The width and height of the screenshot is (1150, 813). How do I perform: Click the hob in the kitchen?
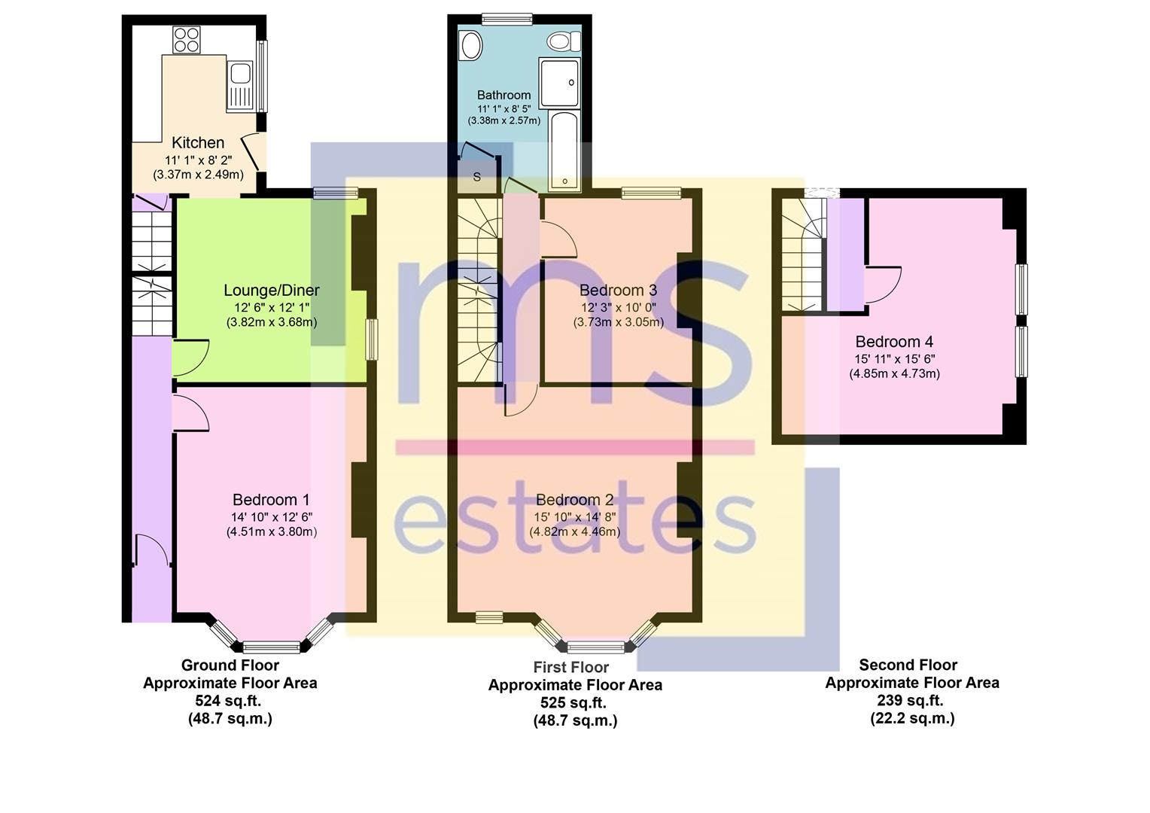pos(187,40)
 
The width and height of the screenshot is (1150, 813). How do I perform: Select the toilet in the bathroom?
pos(563,41)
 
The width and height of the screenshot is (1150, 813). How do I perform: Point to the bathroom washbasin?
pos(472,46)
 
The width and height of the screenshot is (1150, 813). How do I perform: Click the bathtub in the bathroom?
pos(564,151)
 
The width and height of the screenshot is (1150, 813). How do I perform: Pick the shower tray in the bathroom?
pos(559,82)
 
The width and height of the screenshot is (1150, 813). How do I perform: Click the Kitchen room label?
pos(198,142)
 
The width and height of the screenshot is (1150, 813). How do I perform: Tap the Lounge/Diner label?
pos(272,290)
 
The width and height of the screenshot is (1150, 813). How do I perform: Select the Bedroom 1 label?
pos(271,499)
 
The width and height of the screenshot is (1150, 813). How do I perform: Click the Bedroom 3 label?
pos(618,290)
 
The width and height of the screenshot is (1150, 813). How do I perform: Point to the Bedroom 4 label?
pos(894,342)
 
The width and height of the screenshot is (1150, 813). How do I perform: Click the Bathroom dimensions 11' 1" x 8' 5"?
pos(504,108)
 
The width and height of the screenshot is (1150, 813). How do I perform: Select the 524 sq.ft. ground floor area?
pos(228,701)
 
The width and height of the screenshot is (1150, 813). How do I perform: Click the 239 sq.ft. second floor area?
pos(910,700)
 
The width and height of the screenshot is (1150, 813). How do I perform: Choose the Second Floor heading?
pos(908,665)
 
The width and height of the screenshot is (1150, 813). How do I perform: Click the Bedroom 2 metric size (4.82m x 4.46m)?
pos(574,531)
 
